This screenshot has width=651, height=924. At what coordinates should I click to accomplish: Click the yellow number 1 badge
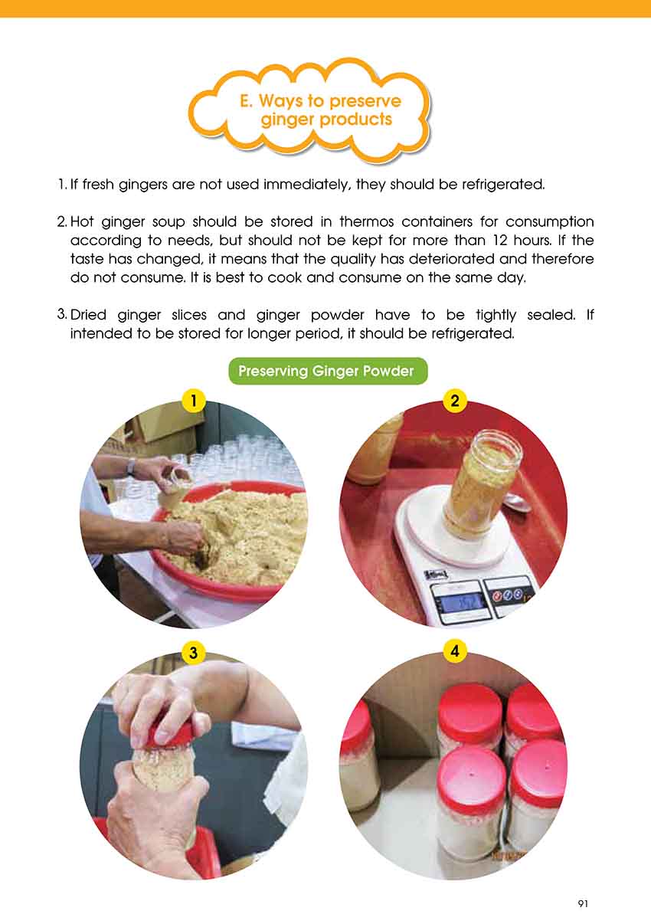click(193, 401)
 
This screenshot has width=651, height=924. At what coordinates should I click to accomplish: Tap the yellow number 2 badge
click(454, 401)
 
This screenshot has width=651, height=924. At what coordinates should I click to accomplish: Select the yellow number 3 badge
click(193, 653)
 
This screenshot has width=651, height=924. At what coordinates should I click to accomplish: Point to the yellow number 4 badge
click(454, 651)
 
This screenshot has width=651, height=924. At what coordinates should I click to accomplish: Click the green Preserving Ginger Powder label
click(328, 371)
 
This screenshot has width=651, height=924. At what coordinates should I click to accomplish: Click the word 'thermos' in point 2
click(366, 222)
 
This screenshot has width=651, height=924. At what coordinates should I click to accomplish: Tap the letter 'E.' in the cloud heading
click(246, 100)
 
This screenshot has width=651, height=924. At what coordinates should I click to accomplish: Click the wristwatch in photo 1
click(131, 466)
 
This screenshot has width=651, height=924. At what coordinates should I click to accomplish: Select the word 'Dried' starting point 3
click(88, 315)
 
